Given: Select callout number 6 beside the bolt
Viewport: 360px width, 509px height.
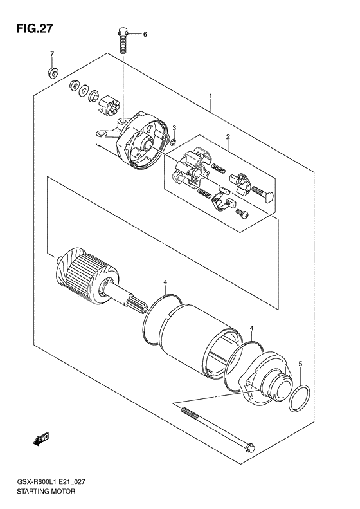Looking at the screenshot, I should [145, 34].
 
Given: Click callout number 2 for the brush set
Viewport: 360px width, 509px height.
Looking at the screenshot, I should [228, 136].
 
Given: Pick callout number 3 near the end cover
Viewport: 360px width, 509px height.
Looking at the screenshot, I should [174, 128].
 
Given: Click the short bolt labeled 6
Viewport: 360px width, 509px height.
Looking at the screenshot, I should [123, 41].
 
